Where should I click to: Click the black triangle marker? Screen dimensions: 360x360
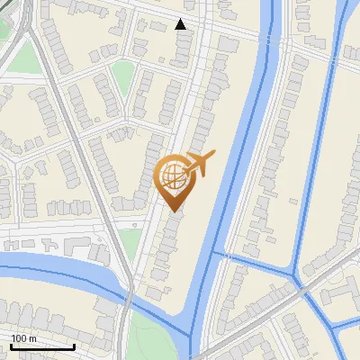coord(181,24)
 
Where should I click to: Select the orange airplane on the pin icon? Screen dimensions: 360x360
coord(200,165)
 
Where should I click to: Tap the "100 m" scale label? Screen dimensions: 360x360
coord(24,338)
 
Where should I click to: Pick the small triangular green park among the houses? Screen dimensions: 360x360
coord(122,80)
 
